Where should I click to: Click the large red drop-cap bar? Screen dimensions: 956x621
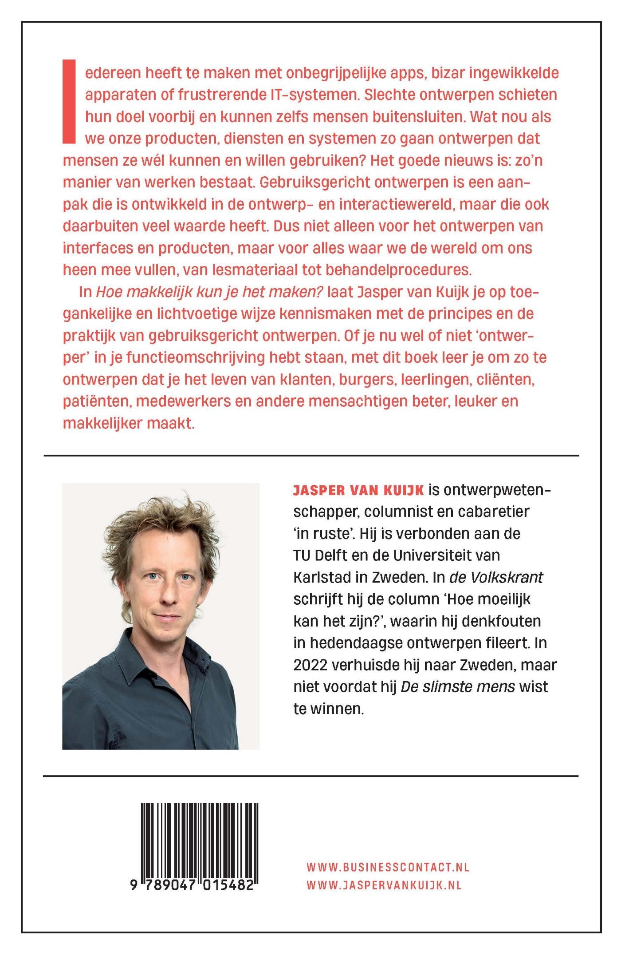69,102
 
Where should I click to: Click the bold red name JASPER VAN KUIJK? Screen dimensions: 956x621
358,490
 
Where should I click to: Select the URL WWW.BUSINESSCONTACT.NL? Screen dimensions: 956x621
388,867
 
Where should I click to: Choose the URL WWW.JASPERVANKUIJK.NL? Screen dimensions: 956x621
384,885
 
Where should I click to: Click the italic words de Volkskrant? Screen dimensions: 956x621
496,577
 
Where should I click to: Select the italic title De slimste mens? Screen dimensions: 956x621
457,687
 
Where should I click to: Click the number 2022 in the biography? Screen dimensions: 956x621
310,665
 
